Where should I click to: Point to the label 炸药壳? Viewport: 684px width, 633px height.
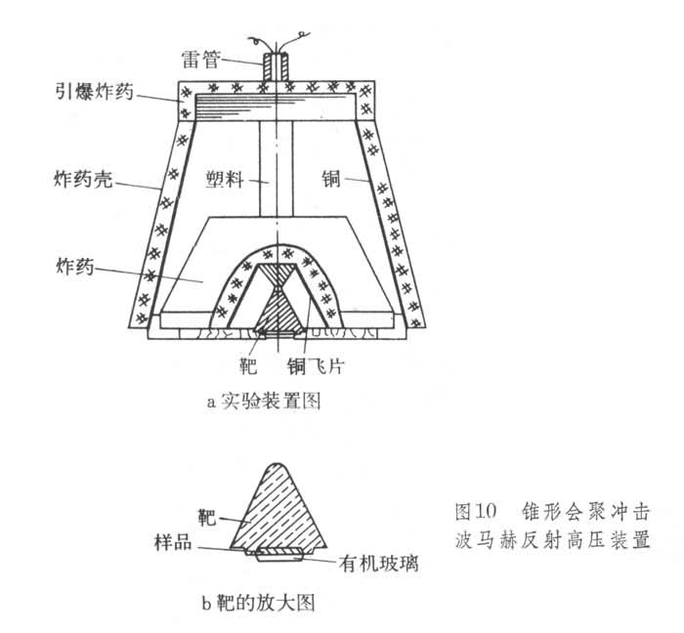72,180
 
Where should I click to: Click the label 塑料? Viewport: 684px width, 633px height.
225,180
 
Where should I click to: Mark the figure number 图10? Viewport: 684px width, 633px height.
478,511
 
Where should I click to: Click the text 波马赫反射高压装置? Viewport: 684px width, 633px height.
550,539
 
